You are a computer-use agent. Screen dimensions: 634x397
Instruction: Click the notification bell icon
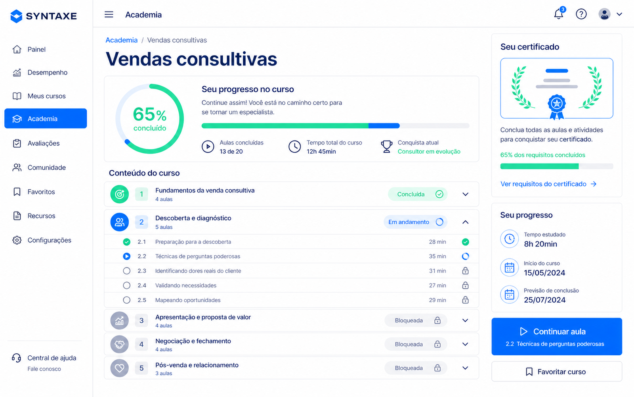click(x=559, y=14)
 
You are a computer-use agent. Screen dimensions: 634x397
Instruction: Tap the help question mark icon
click(x=581, y=14)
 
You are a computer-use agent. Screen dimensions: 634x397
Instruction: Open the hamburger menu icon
click(x=109, y=14)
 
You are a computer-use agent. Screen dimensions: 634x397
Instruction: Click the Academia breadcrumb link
click(x=121, y=40)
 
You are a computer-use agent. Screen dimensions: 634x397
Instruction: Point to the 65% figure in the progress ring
click(x=150, y=114)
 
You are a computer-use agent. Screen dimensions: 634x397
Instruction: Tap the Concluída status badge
click(x=418, y=194)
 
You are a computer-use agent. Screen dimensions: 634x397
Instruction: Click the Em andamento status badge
click(x=415, y=222)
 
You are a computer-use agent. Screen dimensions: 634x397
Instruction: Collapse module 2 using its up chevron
click(x=465, y=222)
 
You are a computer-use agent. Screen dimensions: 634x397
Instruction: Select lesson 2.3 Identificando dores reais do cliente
click(x=198, y=271)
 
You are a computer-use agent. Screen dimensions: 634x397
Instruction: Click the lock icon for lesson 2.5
click(x=465, y=300)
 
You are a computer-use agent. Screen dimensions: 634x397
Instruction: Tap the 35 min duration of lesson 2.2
click(x=437, y=256)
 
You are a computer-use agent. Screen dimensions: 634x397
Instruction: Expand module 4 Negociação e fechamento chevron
click(x=465, y=344)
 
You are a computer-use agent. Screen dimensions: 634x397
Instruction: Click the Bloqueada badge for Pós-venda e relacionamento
click(x=416, y=368)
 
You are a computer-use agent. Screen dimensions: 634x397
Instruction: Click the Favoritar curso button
click(x=557, y=372)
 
